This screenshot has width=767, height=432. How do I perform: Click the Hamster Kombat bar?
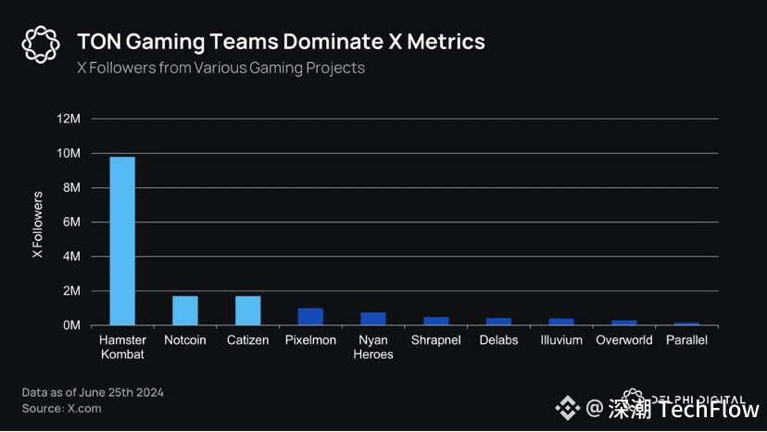(x=122, y=241)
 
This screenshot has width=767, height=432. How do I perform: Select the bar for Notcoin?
(x=184, y=311)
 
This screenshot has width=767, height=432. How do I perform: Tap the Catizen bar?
(x=247, y=311)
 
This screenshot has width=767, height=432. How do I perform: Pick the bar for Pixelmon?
(x=310, y=317)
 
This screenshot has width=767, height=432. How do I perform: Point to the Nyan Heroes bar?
(x=373, y=319)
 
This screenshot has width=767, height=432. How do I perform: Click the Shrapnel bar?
(x=436, y=321)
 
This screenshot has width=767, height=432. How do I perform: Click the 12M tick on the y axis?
(x=69, y=119)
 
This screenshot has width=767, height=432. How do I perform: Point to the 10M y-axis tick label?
(x=69, y=153)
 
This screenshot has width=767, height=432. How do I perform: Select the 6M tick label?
(x=72, y=222)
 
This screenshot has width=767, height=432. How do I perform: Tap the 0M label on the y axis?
(x=72, y=325)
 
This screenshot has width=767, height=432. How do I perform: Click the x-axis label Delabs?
(x=498, y=340)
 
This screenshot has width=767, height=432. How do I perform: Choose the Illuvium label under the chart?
(x=561, y=340)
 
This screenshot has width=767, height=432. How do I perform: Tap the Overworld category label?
(x=624, y=340)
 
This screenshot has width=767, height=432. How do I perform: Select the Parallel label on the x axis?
(x=686, y=340)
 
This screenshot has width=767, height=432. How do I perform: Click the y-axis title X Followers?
(x=38, y=224)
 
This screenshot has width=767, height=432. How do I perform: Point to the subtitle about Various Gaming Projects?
(x=220, y=68)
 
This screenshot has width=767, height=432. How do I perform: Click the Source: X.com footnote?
(x=62, y=408)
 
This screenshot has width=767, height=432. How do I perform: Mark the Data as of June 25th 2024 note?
(x=93, y=392)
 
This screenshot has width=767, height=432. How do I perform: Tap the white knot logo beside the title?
(x=40, y=44)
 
